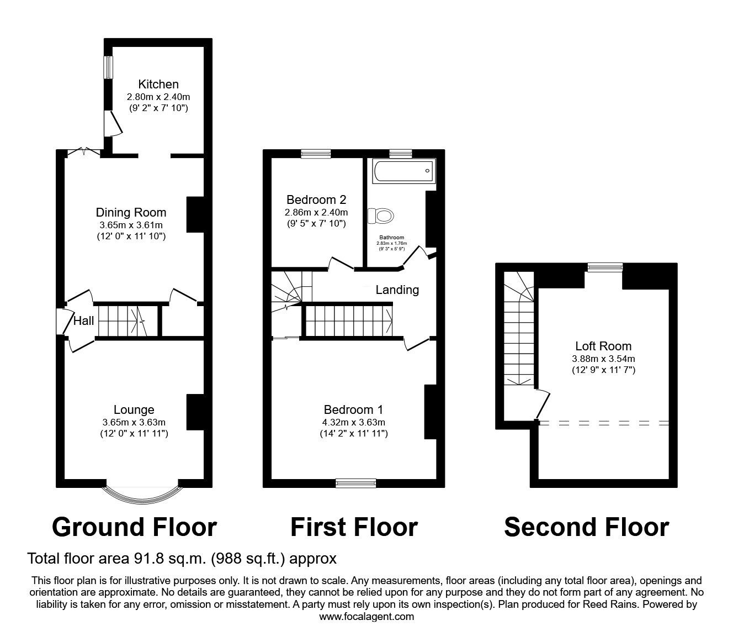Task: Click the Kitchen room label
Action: [x=158, y=85]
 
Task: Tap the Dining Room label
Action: [x=131, y=212]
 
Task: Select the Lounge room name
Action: [x=134, y=410]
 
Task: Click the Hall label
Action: [x=84, y=321]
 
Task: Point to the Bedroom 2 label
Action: [x=316, y=199]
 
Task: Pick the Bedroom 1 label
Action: [x=353, y=410]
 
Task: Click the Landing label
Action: [x=397, y=290]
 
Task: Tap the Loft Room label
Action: [x=603, y=346]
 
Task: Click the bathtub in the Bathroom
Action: [x=404, y=171]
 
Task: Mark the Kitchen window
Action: [x=109, y=67]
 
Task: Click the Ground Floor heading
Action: [x=134, y=527]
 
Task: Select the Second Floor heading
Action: [x=586, y=527]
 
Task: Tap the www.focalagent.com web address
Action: [x=366, y=616]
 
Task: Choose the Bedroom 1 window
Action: [x=356, y=483]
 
